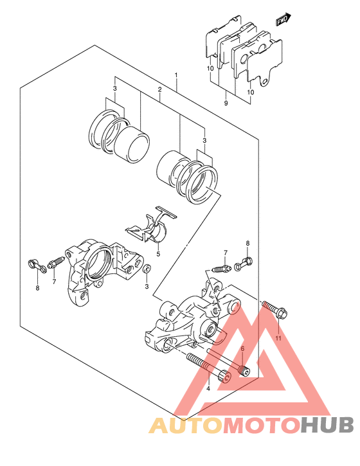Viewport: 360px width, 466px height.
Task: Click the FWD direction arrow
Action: coord(283,19)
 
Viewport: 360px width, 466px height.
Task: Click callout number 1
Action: coord(176,75)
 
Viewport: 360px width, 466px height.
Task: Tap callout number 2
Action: coord(159,89)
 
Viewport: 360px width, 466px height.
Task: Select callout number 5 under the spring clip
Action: coord(158,254)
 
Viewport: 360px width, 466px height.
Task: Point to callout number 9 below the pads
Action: coord(226,103)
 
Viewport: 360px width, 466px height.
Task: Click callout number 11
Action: coord(278,338)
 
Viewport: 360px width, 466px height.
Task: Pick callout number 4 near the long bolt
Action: coord(208,388)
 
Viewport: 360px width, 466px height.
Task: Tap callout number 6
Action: coord(242,348)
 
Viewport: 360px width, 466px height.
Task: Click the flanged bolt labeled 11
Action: coord(274,310)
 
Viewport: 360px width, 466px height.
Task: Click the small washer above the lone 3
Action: coord(147,269)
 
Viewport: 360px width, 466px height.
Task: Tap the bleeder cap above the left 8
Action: coord(37,265)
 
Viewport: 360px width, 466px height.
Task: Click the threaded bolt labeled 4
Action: coord(208,367)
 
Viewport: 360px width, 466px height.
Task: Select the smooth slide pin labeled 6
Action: coord(229,362)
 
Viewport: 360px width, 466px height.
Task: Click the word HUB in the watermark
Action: coord(327,426)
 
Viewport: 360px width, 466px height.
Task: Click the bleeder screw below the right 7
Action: coord(222,269)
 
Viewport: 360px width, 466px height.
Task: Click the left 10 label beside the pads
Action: coord(210,68)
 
